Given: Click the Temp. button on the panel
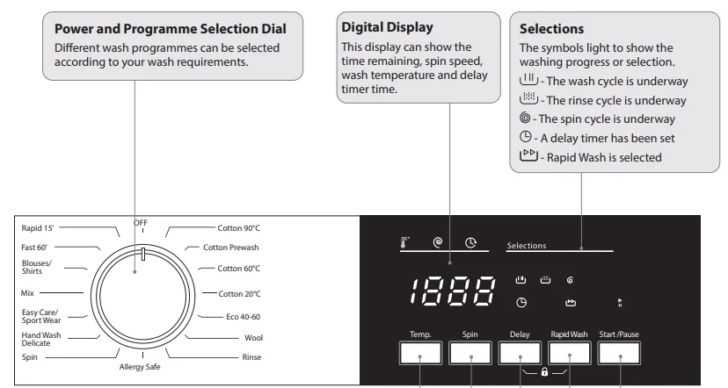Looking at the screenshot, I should pos(419,353).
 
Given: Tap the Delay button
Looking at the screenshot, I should pos(520,353).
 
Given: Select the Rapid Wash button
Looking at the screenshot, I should pos(569,353).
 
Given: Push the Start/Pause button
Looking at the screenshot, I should pos(620,353).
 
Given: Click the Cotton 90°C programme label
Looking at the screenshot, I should pos(238,228).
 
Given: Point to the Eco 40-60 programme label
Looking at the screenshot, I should pos(243,316).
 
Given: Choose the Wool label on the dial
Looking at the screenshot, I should pos(253,337).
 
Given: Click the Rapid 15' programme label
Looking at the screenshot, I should pos(38,228).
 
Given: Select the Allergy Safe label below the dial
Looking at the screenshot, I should pos(141,367).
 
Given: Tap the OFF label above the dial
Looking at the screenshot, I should pos(141,222).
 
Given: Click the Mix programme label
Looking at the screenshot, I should pos(27,293).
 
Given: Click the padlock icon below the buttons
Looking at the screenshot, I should pos(545,372).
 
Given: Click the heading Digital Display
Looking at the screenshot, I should pos(387,27).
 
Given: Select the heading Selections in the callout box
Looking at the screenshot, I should pos(551,29).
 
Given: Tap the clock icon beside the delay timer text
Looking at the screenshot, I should pos(525,138).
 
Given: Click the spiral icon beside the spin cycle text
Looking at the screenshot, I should pos(525,119).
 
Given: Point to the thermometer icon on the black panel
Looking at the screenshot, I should pos(405,243).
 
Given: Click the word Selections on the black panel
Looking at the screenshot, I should pos(527,246).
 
